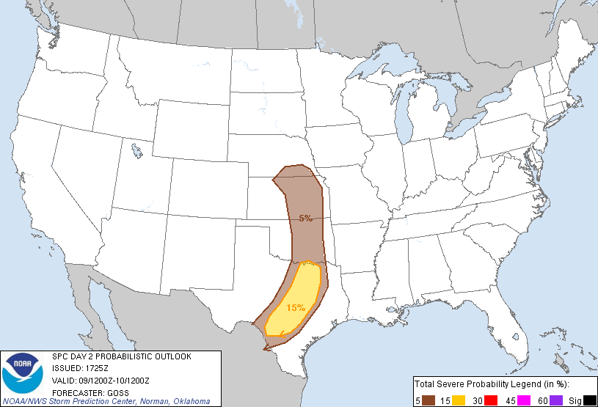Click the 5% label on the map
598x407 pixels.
coord(305,218)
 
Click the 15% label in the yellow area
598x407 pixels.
coord(295,308)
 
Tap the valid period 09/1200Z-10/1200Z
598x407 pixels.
coord(117,380)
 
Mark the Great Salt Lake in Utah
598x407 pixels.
coord(137,153)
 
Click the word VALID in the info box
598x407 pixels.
coord(63,380)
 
